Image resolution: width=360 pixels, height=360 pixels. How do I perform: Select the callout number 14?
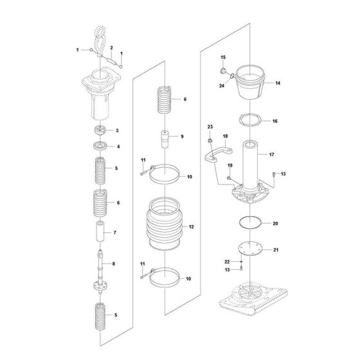[278, 83]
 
